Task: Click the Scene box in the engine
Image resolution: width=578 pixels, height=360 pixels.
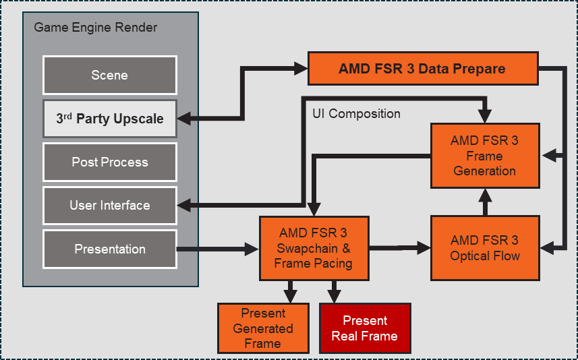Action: point(109,75)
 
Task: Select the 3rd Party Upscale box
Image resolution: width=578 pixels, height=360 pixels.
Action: point(109,119)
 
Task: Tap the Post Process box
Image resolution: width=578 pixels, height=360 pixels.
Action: point(109,162)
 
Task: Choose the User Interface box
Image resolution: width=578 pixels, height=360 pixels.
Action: point(109,205)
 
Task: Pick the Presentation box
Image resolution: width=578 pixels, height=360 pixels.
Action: point(109,249)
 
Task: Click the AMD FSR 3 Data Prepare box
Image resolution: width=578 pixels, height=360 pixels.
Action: point(423,68)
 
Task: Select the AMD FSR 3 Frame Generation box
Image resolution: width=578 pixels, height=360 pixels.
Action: point(485,156)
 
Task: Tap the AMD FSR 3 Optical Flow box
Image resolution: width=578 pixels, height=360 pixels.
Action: point(485,247)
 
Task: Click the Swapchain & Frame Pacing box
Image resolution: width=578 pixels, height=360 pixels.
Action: point(314,248)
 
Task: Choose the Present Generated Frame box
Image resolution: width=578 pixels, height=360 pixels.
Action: point(262,328)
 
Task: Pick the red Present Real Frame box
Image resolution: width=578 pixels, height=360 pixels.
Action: point(364,328)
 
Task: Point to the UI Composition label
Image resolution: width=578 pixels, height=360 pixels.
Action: point(356,114)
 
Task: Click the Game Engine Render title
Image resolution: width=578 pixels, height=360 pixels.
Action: point(95,28)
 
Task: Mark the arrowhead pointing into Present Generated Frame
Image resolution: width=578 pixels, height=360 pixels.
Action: point(291,296)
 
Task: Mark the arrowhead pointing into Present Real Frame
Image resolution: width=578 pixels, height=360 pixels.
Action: point(334,296)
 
